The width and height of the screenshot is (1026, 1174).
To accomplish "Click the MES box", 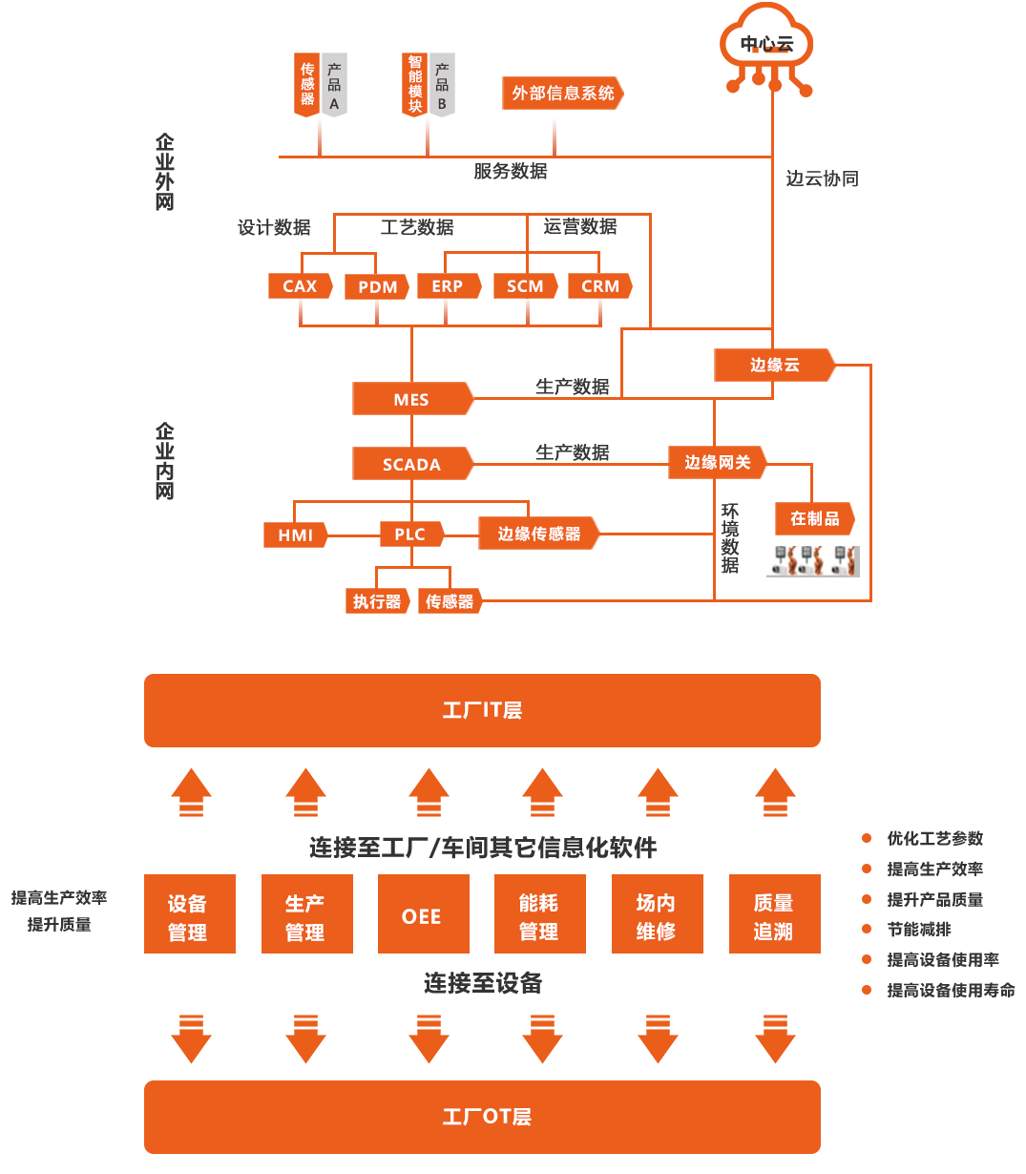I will tap(411, 399).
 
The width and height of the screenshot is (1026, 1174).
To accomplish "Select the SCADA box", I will tap(411, 464).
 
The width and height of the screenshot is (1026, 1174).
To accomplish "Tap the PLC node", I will tap(409, 535).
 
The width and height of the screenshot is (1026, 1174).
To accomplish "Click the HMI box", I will tap(295, 535).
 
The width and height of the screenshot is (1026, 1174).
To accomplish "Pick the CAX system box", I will tap(300, 285).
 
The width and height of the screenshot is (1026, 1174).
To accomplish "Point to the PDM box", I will tap(377, 286).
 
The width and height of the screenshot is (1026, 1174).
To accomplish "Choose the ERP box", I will tap(447, 285).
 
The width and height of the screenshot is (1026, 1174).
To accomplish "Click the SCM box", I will tap(525, 285).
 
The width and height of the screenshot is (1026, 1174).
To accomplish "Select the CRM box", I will tap(600, 285).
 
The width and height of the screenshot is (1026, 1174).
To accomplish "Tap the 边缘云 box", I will tap(774, 365).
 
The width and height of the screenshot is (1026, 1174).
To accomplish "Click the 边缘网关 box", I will tap(717, 462).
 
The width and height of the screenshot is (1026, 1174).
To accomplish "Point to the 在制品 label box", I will tap(814, 518).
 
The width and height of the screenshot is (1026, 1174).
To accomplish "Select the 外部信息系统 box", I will tap(562, 93).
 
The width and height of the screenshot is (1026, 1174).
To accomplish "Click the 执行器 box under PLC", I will tap(377, 601).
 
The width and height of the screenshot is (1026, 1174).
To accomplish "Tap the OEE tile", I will tap(422, 915).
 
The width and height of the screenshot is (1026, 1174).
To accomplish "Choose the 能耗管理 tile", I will tap(538, 915).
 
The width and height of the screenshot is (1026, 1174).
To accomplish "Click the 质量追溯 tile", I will tap(773, 915).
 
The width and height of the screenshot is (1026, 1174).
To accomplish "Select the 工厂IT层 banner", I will tap(482, 710).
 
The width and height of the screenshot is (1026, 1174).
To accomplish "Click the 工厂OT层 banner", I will tap(482, 1116).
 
